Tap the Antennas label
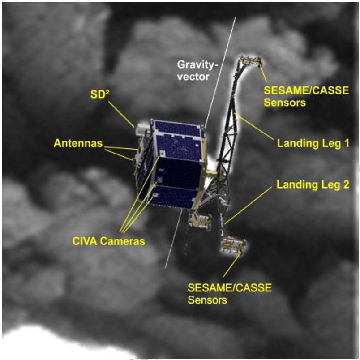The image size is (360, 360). pyautogui.click(x=77, y=144)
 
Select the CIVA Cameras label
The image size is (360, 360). pyautogui.click(x=108, y=241)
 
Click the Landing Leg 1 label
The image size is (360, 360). pyautogui.click(x=313, y=144)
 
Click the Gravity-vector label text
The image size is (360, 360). pyautogui.click(x=196, y=71)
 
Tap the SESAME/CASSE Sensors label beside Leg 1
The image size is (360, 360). pyautogui.click(x=306, y=96)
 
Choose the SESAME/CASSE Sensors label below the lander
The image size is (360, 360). pyautogui.click(x=229, y=293)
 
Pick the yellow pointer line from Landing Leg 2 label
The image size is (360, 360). pyautogui.click(x=249, y=204)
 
